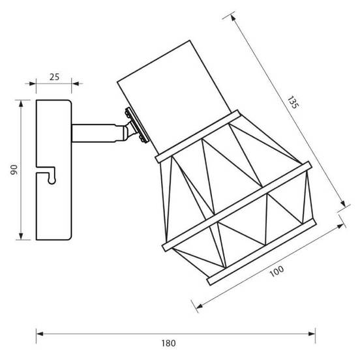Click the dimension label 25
(54, 77)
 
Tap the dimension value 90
(14, 170)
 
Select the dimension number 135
(293, 102)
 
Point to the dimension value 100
(277, 271)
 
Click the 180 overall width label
(168, 343)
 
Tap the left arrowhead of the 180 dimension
(40, 334)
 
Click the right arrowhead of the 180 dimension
(312, 334)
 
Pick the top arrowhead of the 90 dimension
(21, 104)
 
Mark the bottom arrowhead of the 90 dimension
(21, 236)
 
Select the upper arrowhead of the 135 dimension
(233, 18)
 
